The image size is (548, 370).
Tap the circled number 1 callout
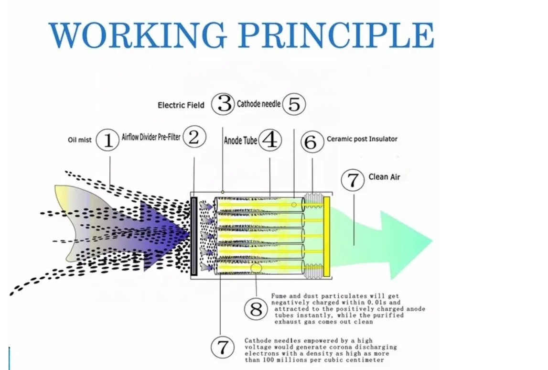pyautogui.click(x=108, y=141)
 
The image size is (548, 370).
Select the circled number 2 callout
pyautogui.click(x=194, y=138)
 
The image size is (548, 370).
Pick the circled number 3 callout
pyautogui.click(x=223, y=103)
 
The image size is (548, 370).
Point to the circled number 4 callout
pyautogui.click(x=270, y=141)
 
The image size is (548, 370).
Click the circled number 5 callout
pyautogui.click(x=294, y=104)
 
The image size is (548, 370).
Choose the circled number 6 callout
pyautogui.click(x=311, y=142)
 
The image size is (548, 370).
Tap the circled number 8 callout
pyautogui.click(x=257, y=309)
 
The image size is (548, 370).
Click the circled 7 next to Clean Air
pyautogui.click(x=353, y=181)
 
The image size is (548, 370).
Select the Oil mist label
pyautogui.click(x=79, y=140)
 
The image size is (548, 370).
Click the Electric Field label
pyautogui.click(x=181, y=105)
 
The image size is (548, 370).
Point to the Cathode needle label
pyautogui.click(x=258, y=104)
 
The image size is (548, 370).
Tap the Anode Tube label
pyautogui.click(x=240, y=141)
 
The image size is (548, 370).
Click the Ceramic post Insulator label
pyautogui.click(x=362, y=139)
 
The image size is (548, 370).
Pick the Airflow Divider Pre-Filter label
pyautogui.click(x=151, y=138)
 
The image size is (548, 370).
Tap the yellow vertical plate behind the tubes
pyautogui.click(x=327, y=237)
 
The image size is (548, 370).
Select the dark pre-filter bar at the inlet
pyautogui.click(x=193, y=236)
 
